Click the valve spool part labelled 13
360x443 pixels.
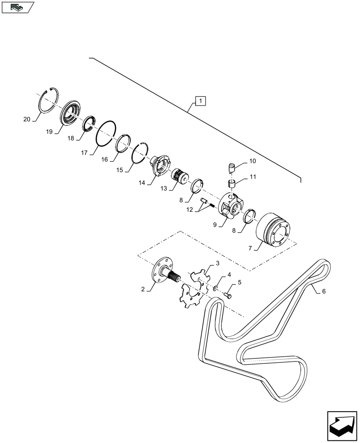(180, 175)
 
